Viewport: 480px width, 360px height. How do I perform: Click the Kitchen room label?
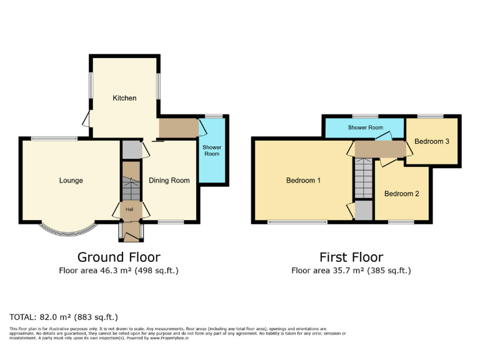click(124, 98)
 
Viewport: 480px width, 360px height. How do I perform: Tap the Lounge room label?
click(71, 181)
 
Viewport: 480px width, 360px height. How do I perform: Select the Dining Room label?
click(169, 181)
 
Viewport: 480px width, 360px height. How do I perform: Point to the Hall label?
click(130, 209)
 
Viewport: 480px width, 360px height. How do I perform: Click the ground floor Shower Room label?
click(212, 150)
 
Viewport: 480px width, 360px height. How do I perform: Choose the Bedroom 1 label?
click(303, 181)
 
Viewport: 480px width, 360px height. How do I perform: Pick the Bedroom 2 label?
click(401, 194)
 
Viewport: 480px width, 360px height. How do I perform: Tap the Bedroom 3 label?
click(432, 142)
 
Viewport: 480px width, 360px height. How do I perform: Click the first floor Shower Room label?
click(366, 127)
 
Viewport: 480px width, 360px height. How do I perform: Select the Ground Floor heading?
click(119, 257)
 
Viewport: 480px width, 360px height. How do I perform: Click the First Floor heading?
click(351, 257)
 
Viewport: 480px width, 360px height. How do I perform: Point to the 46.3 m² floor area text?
click(119, 271)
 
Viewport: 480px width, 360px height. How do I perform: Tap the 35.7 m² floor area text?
click(351, 271)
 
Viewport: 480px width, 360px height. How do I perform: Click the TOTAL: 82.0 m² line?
click(64, 317)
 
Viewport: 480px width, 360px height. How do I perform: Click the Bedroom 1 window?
click(297, 222)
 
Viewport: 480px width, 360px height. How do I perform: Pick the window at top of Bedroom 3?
click(431, 116)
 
